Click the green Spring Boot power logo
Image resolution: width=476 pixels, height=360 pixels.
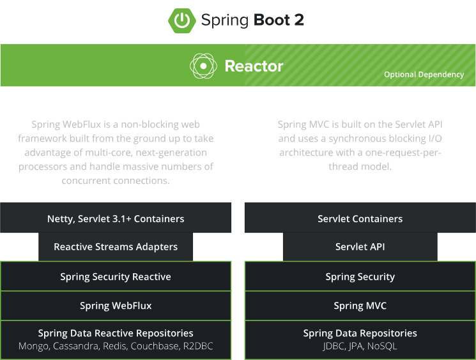coord(182,20)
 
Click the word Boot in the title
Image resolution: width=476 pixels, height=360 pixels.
coord(272,20)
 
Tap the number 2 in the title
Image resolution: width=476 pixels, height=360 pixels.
coord(299,20)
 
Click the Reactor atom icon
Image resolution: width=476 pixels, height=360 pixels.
coord(203,66)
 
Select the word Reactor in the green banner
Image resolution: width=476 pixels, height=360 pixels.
coord(254,66)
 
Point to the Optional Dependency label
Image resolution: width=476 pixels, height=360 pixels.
coord(424,75)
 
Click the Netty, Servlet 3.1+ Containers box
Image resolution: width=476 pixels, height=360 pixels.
coord(116,218)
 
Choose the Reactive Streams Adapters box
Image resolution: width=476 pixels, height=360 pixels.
coord(116,247)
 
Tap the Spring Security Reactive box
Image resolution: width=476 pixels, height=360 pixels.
coord(116,276)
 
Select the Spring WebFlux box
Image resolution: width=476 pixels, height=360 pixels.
coord(116,305)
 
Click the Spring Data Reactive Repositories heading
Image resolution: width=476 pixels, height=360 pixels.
coord(116,333)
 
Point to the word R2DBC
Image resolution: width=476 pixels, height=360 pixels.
coord(198,346)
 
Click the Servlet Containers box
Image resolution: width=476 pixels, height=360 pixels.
coord(360,218)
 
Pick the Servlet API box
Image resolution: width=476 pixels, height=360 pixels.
coord(360,247)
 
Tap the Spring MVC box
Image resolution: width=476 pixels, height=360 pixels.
coord(360,305)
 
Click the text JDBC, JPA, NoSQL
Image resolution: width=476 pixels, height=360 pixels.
coord(360,346)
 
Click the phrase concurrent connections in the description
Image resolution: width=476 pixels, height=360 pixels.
coord(116,181)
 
